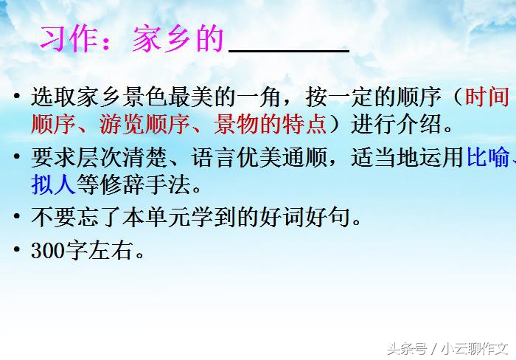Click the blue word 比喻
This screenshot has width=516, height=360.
487,159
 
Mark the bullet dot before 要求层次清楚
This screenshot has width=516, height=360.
17,159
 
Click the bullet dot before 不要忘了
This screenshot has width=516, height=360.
17,218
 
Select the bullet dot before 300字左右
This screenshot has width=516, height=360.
17,252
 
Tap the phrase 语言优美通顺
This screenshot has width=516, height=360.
258,159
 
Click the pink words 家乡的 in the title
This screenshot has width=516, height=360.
177,40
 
